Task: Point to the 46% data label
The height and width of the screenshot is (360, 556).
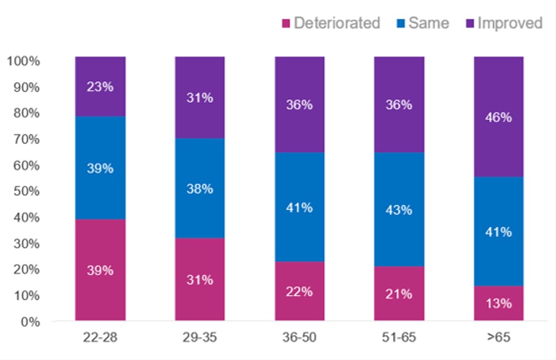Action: click(x=498, y=117)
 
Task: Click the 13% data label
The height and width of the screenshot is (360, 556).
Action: click(x=498, y=304)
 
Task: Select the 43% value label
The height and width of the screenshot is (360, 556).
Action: click(x=399, y=209)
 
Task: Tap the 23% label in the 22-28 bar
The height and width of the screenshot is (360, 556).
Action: click(x=100, y=86)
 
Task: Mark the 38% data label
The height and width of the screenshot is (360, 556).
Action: click(x=200, y=189)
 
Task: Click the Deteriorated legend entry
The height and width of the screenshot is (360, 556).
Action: click(x=331, y=23)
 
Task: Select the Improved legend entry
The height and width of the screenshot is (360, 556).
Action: click(x=504, y=23)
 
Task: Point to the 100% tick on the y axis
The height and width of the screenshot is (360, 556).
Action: click(x=23, y=61)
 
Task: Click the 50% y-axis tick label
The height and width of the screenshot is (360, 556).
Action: click(x=25, y=191)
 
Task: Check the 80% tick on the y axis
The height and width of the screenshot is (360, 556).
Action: click(x=25, y=113)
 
